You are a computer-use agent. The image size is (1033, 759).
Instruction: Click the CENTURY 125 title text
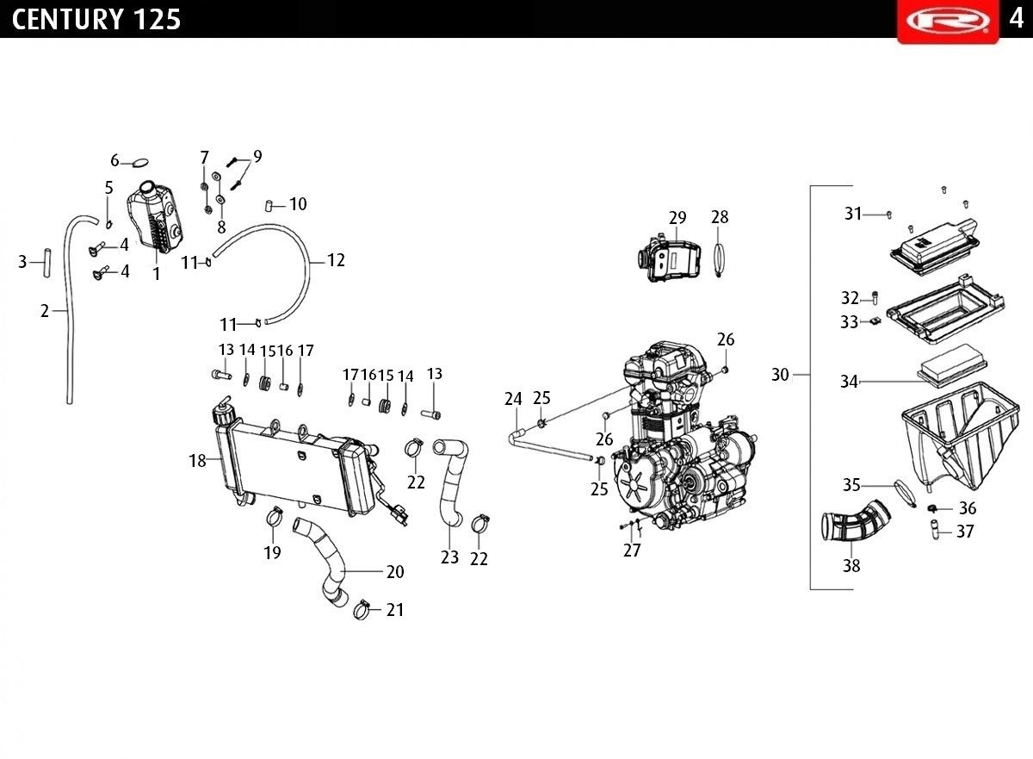(96, 19)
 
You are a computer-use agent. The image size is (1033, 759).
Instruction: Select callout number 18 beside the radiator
(198, 461)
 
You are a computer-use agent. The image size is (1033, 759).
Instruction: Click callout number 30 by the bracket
(780, 375)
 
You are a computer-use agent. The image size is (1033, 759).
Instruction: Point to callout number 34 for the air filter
(850, 382)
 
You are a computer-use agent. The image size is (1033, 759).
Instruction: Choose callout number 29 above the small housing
(677, 218)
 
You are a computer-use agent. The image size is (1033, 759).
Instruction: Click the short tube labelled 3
(47, 261)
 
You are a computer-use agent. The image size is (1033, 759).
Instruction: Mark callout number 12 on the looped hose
(336, 260)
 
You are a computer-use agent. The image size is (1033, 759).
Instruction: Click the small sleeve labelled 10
(269, 205)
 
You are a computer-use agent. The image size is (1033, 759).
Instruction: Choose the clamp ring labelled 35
(904, 490)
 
